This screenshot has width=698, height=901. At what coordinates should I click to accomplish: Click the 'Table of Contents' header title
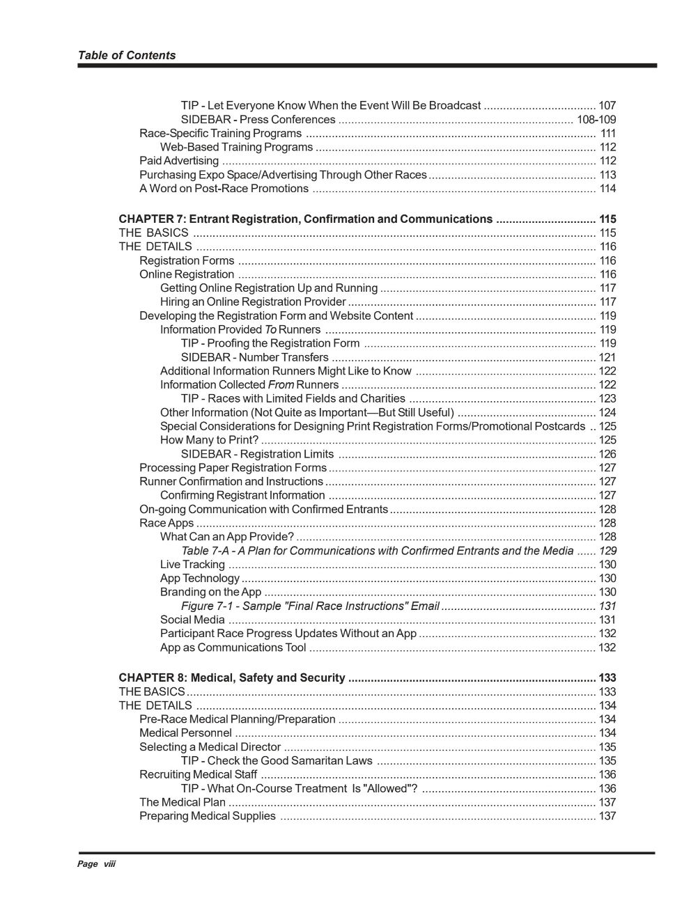coord(127,56)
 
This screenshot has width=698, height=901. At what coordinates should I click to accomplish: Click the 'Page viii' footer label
coord(96,864)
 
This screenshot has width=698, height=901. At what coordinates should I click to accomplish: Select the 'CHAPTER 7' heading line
coord(305,219)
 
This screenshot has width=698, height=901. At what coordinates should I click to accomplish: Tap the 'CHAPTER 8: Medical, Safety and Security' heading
coord(232,677)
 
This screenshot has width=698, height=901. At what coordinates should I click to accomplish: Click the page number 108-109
coord(596,120)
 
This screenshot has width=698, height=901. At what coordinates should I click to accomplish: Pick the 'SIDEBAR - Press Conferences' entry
coord(258,120)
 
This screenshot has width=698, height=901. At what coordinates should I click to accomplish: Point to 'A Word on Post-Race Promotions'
coord(224,189)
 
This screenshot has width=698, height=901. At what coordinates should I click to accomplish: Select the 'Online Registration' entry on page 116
coord(187,274)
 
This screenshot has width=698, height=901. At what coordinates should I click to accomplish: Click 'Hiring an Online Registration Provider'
coord(253,302)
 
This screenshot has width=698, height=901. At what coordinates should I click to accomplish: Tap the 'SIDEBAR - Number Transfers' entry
coord(254,357)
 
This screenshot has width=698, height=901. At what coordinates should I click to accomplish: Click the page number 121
coord(607,357)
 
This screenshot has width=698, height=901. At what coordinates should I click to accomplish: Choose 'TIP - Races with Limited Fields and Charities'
coord(293,399)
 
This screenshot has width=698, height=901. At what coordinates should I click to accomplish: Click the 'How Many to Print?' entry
coord(209,440)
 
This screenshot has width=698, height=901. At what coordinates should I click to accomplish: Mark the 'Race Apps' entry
coord(166,523)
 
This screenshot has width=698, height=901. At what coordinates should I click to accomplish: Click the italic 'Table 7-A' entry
coord(377,551)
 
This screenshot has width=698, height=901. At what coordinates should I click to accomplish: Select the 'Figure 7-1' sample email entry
coord(310,606)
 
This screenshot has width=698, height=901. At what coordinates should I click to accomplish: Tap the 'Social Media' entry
coord(192,620)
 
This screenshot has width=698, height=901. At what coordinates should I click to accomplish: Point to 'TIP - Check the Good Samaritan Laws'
coord(277,761)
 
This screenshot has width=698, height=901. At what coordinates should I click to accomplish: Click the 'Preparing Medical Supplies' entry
coord(208,816)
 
